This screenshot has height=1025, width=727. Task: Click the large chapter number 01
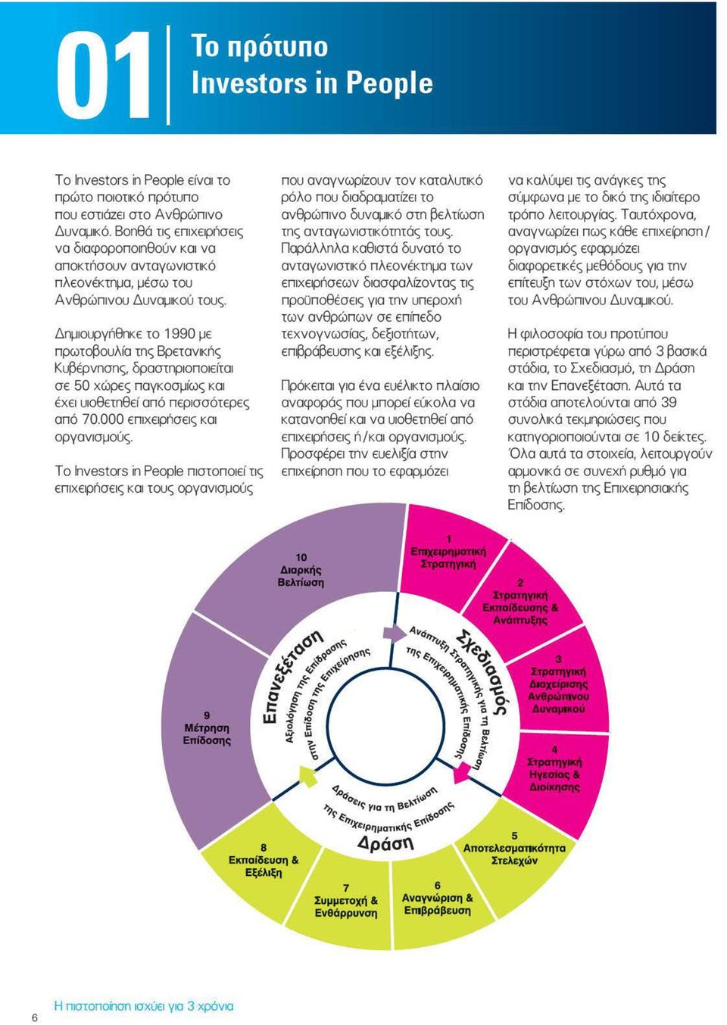104,75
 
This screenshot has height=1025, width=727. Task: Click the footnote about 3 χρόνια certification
144,1006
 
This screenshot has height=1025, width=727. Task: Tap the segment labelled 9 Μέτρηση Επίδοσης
208,732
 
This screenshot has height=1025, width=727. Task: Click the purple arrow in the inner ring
395,634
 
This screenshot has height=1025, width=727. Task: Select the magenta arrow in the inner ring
460,772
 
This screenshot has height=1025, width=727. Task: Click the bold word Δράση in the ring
385,843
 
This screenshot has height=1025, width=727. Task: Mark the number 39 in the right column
669,403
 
